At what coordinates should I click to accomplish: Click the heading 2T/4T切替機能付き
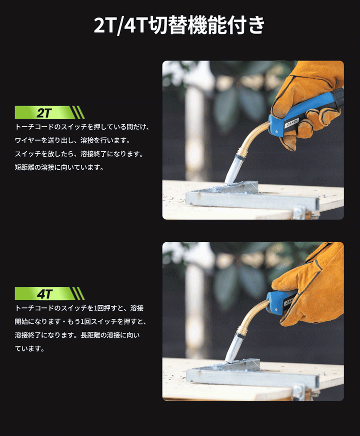pos(179,25)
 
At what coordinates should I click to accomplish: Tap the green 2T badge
pos(49,112)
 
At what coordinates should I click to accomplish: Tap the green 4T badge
pos(49,293)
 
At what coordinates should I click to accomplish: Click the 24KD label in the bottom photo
pos(291,302)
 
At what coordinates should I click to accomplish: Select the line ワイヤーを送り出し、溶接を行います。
pos(72,141)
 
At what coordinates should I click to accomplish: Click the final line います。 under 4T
pos(29,348)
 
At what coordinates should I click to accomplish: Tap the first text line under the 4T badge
pos(75,308)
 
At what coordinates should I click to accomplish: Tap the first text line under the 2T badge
pos(82,127)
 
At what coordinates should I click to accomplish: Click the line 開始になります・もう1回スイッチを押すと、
pos(80,321)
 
